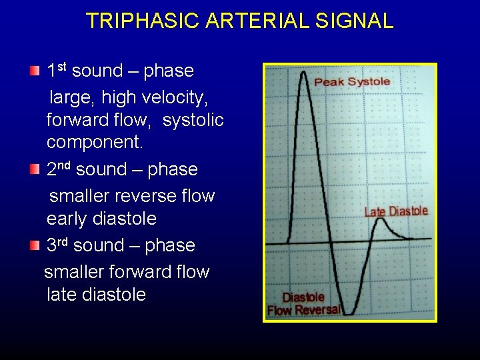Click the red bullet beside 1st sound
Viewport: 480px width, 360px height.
tap(35, 71)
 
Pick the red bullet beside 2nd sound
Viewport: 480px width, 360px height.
tap(35, 169)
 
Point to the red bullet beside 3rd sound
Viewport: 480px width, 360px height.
tap(35, 245)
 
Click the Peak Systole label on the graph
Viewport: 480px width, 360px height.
tap(352, 82)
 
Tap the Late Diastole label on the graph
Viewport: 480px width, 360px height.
tap(396, 212)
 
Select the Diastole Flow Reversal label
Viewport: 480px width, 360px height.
tap(304, 304)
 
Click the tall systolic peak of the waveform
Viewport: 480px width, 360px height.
tap(305, 75)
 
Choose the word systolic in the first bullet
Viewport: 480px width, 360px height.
tap(193, 121)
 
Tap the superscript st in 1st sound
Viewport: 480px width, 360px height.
tap(62, 66)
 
